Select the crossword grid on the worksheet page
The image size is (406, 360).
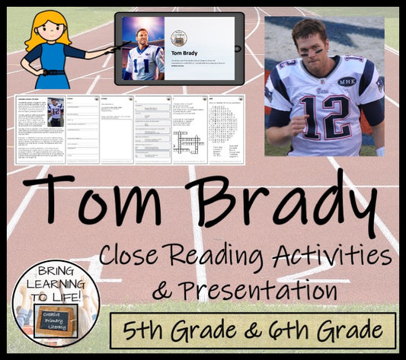point(184,142)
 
